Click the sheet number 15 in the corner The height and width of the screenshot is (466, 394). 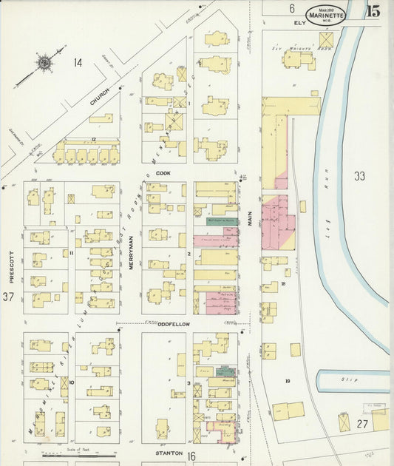point(373,10)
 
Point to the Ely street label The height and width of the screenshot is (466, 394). point(299,23)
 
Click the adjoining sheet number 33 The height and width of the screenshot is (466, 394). point(359,176)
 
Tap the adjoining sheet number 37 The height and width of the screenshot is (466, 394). point(9,297)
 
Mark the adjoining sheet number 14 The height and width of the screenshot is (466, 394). point(77,63)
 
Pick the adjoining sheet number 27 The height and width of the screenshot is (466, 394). point(361,424)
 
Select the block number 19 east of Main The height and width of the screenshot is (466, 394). point(288,381)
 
